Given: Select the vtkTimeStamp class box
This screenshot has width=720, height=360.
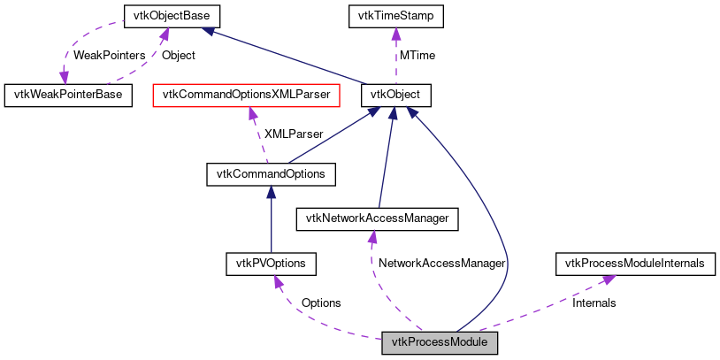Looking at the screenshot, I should tap(395, 16).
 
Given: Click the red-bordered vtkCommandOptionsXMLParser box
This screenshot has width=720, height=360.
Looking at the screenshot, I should tap(247, 94).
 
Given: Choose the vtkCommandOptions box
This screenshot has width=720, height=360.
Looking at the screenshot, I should tap(271, 173).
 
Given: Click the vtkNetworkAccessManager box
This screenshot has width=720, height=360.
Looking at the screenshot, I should tap(377, 218).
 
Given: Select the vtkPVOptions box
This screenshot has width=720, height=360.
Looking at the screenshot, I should tap(271, 264).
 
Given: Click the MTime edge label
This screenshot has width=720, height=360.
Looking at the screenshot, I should tap(417, 55).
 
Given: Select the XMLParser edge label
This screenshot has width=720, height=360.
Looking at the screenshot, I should tap(295, 134).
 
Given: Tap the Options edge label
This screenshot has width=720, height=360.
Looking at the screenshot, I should tap(320, 303).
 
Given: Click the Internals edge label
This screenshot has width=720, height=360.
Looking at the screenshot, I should tap(594, 303).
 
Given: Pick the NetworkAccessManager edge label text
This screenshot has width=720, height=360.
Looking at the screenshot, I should tap(440, 264).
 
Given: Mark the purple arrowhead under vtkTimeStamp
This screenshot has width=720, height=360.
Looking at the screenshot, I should tap(395, 33).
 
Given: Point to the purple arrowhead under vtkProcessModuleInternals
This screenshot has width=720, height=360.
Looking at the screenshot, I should tap(609, 279).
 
